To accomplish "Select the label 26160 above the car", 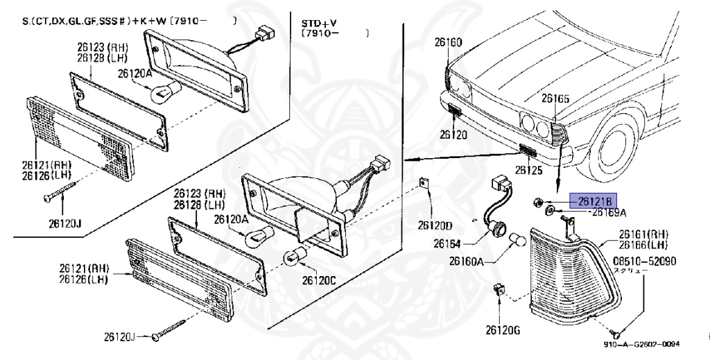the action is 448,42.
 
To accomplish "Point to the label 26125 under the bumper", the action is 528,169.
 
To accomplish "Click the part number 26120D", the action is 435,225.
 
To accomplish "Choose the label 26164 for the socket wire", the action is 448,243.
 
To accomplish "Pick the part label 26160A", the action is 466,262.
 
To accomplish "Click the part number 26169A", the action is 609,212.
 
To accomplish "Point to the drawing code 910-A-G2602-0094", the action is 641,344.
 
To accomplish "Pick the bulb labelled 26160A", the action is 517,241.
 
